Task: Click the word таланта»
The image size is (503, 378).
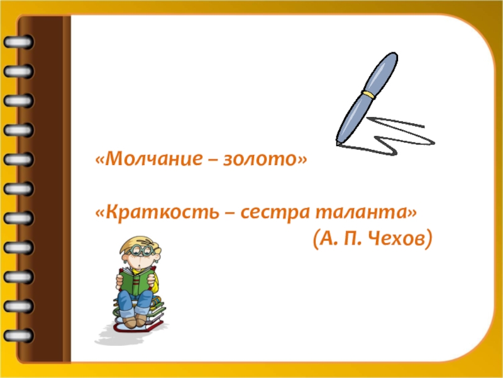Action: click(x=366, y=212)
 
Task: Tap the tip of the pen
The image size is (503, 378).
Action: click(x=338, y=144)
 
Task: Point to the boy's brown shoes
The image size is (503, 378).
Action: click(x=135, y=321)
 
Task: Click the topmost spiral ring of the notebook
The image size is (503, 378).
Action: click(x=19, y=42)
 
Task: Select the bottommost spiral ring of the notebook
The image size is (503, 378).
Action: click(x=19, y=335)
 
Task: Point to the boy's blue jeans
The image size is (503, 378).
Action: click(x=135, y=303)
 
